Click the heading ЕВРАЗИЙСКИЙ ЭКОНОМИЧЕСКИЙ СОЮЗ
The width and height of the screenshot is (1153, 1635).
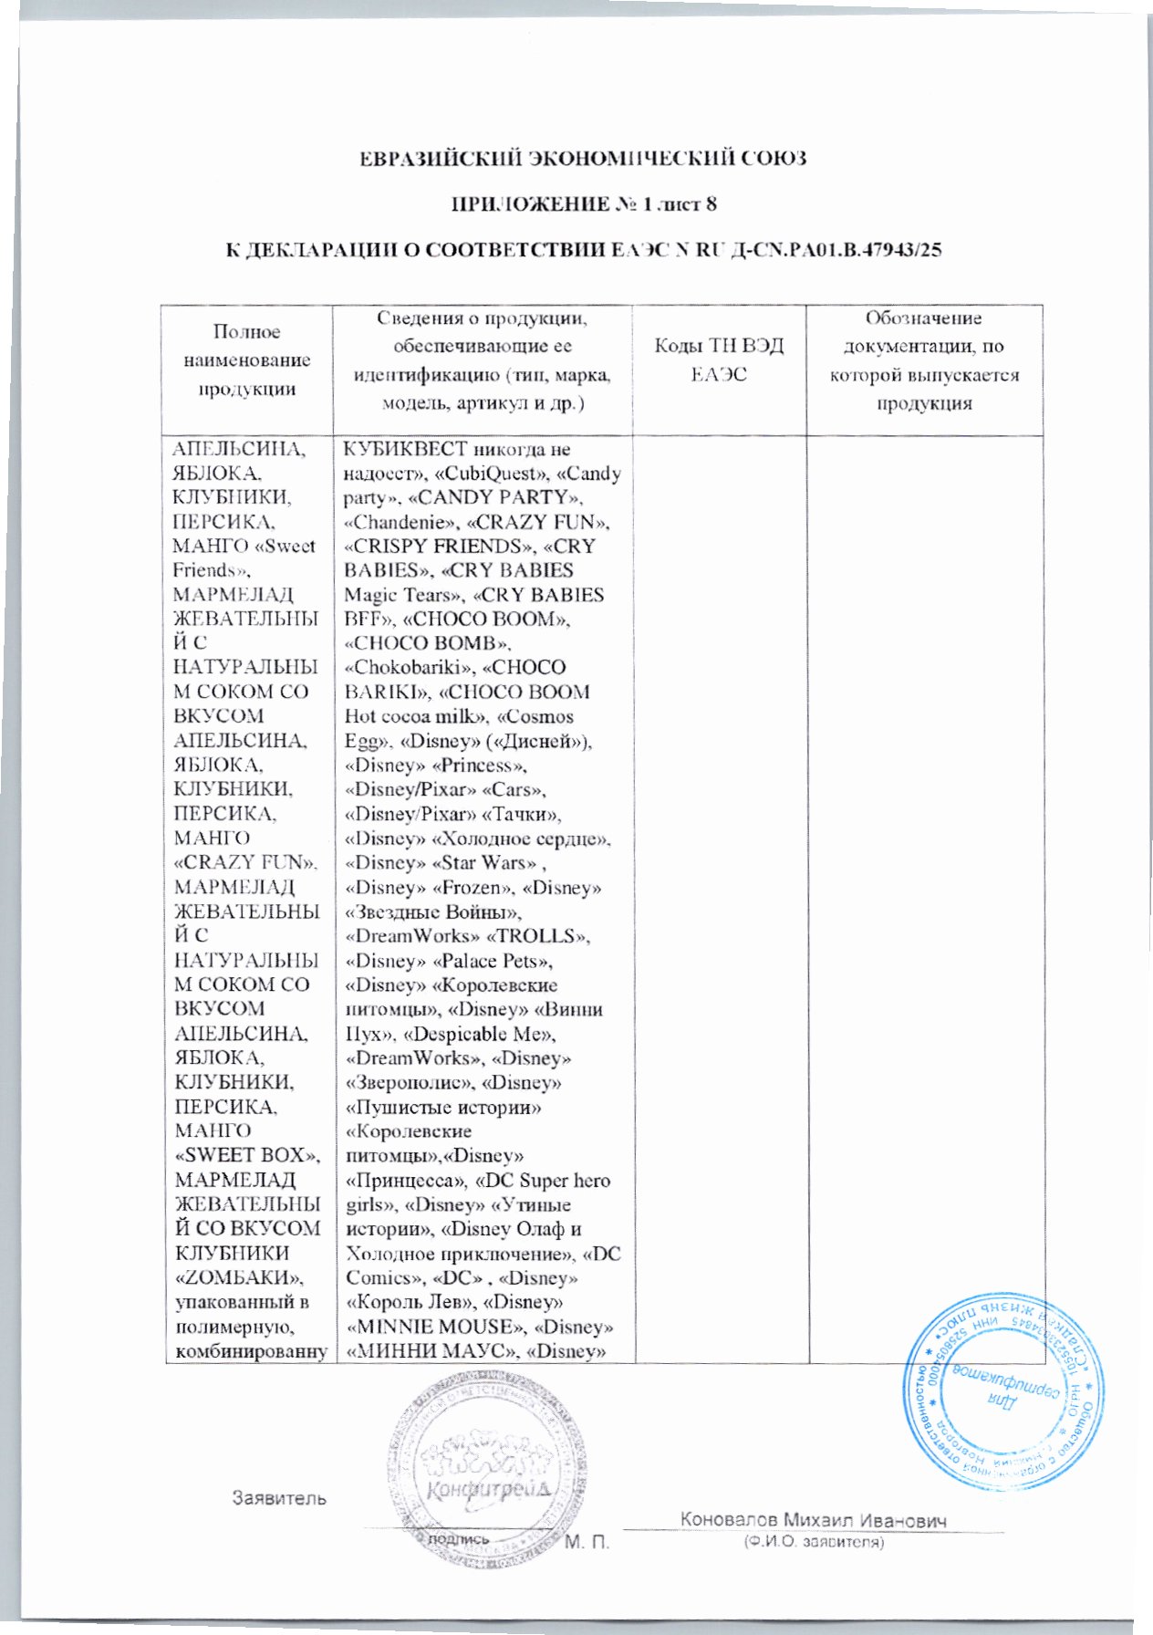tap(581, 158)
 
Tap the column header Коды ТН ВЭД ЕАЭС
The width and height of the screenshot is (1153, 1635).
tap(719, 359)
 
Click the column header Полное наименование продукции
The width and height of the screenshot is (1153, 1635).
tap(247, 359)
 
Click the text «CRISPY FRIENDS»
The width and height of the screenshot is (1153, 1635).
tap(438, 547)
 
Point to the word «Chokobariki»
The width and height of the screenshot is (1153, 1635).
tap(390, 668)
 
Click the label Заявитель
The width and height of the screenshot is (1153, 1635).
tap(279, 1498)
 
